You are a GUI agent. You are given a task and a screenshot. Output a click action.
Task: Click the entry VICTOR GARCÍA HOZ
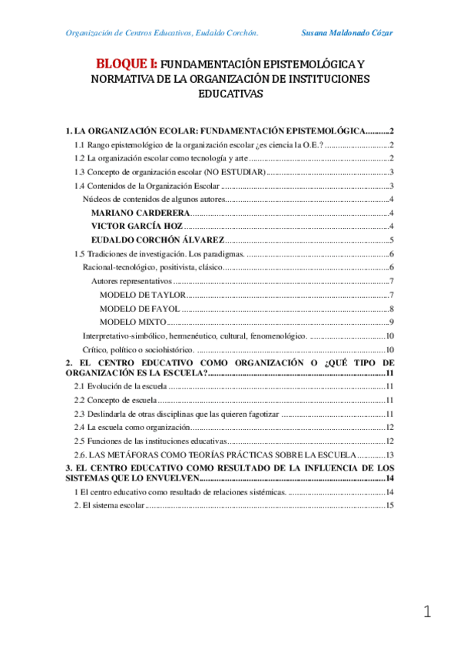pyautogui.click(x=137, y=226)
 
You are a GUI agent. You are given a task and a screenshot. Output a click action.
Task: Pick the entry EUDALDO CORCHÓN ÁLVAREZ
pyautogui.click(x=157, y=240)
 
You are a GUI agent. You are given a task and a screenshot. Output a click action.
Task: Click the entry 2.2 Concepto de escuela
pyautogui.click(x=115, y=401)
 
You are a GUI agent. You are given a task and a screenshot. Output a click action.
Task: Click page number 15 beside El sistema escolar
pyautogui.click(x=389, y=505)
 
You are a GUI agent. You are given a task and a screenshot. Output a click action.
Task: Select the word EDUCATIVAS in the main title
pyautogui.click(x=230, y=94)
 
